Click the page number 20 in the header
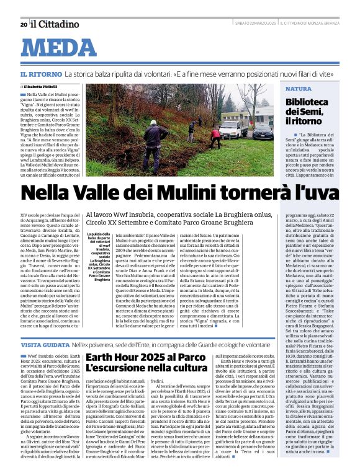[24, 24]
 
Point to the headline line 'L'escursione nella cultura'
[146, 370]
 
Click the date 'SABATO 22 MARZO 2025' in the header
[255, 24]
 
